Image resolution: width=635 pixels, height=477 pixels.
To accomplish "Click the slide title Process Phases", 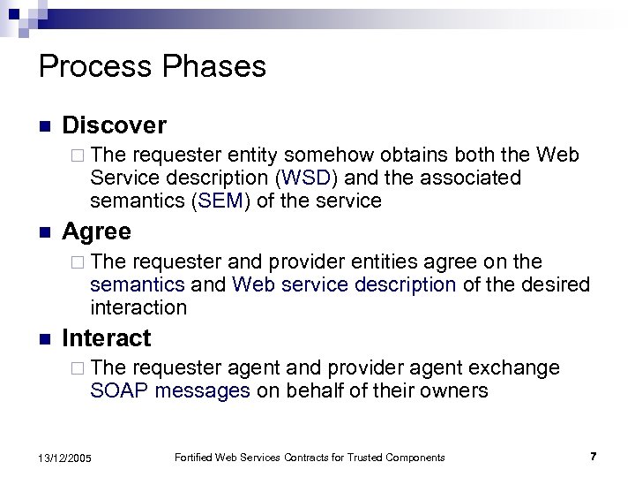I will [153, 66].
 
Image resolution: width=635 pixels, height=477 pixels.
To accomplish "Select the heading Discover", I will [114, 125].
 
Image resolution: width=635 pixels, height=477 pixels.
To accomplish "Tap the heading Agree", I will [97, 231].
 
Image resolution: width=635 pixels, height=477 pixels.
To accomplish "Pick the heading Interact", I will [107, 337].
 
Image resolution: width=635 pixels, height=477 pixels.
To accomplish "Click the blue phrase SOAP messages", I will [170, 390].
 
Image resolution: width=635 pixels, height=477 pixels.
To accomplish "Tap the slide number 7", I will [593, 456].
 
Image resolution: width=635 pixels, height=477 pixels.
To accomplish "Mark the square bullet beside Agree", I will [44, 232].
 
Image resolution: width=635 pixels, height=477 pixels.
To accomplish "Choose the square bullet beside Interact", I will [44, 338].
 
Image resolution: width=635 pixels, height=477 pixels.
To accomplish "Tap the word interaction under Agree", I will [138, 307].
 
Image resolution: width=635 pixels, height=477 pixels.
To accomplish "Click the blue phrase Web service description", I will [344, 284].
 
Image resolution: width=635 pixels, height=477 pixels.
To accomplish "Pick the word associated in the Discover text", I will [471, 178].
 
